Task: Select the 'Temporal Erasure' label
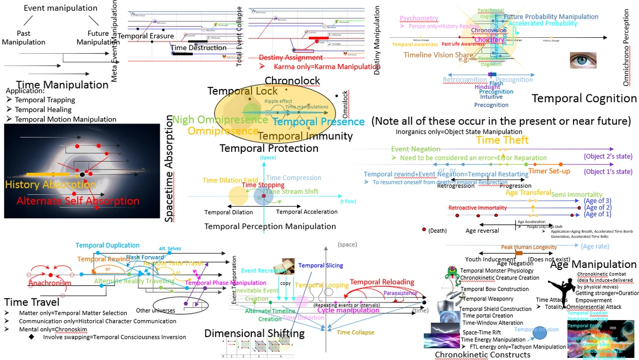[145, 36]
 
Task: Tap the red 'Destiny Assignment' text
[291, 58]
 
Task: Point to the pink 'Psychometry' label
[419, 19]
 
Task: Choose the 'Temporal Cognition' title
[584, 98]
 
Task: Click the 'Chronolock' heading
[292, 81]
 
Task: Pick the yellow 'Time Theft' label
[502, 140]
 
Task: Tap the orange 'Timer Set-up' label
[549, 171]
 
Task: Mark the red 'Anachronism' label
[50, 283]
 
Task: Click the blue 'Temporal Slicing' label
[321, 265]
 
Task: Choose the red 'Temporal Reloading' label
[382, 282]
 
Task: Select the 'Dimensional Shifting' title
[255, 333]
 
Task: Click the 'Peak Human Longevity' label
[529, 247]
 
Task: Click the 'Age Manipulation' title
[593, 265]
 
